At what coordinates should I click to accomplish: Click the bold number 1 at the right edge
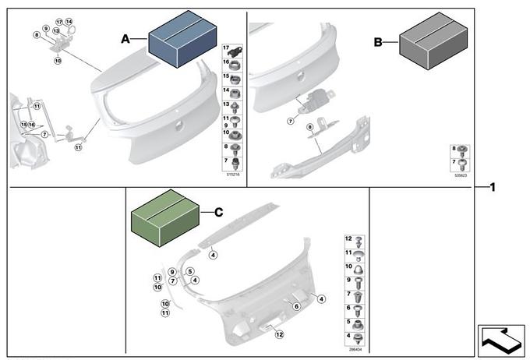pyautogui.click(x=493, y=187)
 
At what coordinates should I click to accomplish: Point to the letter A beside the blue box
pyautogui.click(x=125, y=38)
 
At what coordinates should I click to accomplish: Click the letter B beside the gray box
pyautogui.click(x=378, y=44)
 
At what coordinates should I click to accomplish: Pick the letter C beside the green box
pyautogui.click(x=218, y=211)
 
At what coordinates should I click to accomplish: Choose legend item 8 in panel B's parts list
pyautogui.click(x=460, y=149)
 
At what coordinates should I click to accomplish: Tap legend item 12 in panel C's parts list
pyautogui.click(x=355, y=239)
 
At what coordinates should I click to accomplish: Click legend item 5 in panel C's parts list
pyautogui.click(x=355, y=323)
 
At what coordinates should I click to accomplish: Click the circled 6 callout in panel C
pyautogui.click(x=296, y=306)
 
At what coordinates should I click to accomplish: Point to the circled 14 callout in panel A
pyautogui.click(x=69, y=21)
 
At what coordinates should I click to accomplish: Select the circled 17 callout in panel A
pyautogui.click(x=59, y=21)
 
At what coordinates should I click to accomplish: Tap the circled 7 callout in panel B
pyautogui.click(x=290, y=121)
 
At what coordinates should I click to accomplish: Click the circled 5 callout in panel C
pyautogui.click(x=189, y=271)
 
